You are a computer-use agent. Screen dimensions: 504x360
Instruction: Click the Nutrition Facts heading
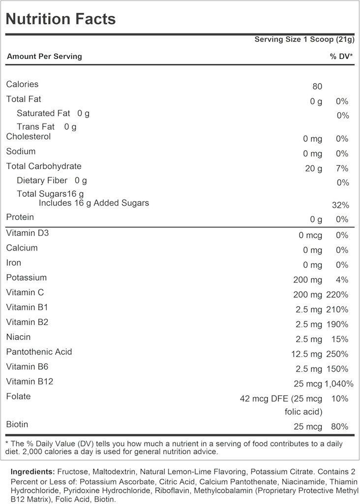(61, 19)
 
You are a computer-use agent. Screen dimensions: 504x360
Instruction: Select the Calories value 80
(317, 87)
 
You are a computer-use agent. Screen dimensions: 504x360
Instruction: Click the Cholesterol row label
(28, 136)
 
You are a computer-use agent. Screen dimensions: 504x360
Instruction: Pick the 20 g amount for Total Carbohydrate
(313, 169)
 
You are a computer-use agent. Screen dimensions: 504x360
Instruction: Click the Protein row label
(20, 217)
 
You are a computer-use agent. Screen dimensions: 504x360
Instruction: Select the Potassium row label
(26, 278)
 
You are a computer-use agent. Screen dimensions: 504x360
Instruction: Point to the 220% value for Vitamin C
(337, 295)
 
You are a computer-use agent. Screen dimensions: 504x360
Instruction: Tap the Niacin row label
(18, 337)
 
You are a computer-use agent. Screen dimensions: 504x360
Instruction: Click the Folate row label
(18, 396)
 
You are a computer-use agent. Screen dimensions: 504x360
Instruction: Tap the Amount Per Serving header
(44, 57)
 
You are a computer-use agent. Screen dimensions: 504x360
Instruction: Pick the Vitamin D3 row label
(28, 233)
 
